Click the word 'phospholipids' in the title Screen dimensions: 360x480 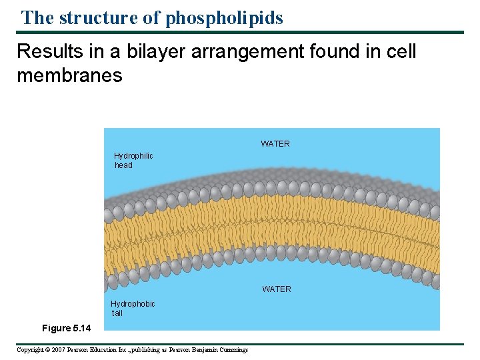pyautogui.click(x=224, y=17)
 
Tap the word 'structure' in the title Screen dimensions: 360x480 pyautogui.click(x=99, y=17)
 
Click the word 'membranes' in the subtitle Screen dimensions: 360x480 pyautogui.click(x=69, y=75)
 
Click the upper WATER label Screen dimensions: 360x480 pyautogui.click(x=275, y=144)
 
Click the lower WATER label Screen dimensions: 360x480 pyautogui.click(x=277, y=289)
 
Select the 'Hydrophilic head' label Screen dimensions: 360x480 pyautogui.click(x=133, y=161)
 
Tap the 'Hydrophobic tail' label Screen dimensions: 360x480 pyautogui.click(x=133, y=309)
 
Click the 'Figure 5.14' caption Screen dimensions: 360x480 pyautogui.click(x=67, y=328)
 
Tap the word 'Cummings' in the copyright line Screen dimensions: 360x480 pyautogui.click(x=233, y=350)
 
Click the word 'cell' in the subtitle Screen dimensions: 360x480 pyautogui.click(x=399, y=51)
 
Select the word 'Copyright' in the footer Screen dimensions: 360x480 pyautogui.click(x=29, y=350)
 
